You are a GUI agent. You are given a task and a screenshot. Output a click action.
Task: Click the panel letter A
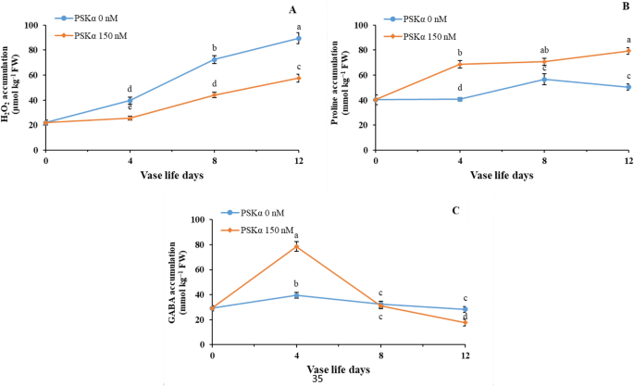click(x=292, y=10)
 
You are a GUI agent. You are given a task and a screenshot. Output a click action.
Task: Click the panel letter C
click(x=455, y=210)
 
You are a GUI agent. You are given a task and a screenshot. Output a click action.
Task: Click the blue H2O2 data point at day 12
click(x=298, y=38)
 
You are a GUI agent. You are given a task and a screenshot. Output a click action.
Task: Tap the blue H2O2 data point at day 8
click(x=214, y=59)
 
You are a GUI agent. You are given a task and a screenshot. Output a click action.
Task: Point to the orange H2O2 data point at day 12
click(x=298, y=78)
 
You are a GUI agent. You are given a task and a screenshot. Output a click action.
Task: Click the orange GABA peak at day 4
click(x=296, y=246)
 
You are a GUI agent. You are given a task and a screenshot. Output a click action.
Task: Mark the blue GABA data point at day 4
click(x=296, y=295)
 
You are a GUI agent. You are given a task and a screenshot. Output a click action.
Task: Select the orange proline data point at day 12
click(x=628, y=51)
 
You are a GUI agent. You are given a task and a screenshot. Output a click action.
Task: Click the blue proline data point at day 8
click(x=544, y=79)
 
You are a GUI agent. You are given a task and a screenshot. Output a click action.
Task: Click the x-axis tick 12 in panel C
click(x=464, y=356)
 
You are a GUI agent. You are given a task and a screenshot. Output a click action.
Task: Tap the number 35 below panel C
click(x=317, y=378)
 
